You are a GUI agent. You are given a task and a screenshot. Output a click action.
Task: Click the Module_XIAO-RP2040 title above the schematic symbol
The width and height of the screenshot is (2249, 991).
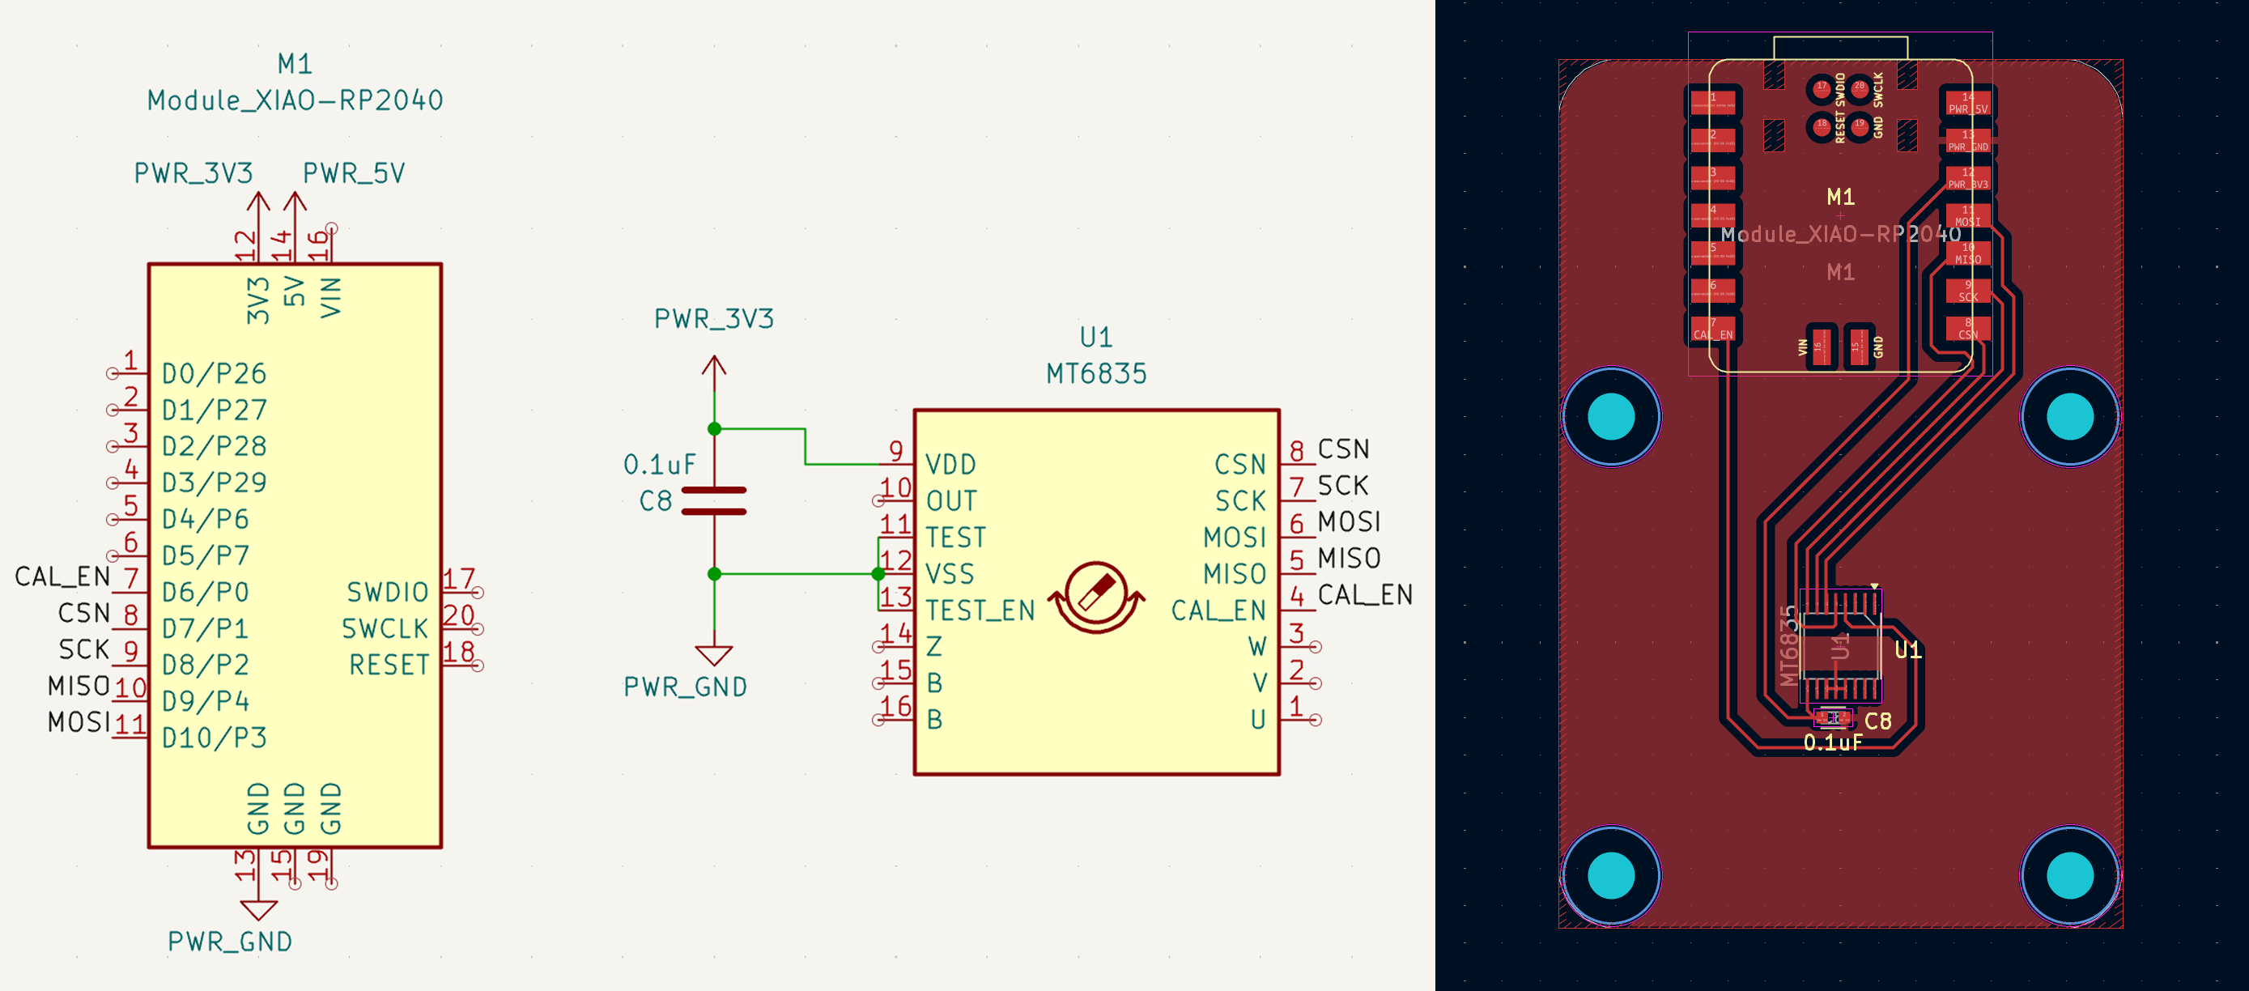click(x=295, y=100)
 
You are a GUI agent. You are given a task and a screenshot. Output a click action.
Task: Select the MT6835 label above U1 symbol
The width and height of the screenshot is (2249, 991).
click(x=1095, y=374)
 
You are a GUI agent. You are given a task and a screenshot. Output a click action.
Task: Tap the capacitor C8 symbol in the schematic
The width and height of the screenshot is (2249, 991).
click(x=713, y=501)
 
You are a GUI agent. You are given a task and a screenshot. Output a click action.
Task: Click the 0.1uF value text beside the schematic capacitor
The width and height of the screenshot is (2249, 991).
click(x=659, y=465)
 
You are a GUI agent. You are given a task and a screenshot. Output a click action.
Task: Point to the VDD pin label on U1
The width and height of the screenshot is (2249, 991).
click(x=950, y=465)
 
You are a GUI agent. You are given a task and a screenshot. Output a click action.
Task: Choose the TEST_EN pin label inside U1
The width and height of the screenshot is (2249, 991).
click(x=980, y=610)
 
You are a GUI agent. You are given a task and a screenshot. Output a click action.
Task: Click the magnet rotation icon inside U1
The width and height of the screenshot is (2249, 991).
click(x=1095, y=598)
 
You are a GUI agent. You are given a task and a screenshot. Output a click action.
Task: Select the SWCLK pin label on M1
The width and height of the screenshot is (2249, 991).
click(x=385, y=628)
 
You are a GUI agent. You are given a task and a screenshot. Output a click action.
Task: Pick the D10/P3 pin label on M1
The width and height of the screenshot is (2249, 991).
click(x=214, y=738)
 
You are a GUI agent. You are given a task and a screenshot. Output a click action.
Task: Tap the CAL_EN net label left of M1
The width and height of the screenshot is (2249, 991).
click(x=62, y=576)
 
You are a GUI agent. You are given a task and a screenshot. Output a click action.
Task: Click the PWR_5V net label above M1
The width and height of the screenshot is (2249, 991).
click(x=354, y=174)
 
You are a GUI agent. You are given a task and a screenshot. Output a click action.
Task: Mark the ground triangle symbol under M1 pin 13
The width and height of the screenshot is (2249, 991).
click(x=258, y=910)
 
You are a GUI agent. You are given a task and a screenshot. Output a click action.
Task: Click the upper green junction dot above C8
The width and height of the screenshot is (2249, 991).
click(x=714, y=429)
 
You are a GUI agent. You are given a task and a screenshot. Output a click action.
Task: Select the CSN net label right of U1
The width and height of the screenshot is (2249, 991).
click(x=1343, y=449)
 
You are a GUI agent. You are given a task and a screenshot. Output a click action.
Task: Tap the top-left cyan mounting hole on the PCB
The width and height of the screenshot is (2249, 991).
click(x=1611, y=415)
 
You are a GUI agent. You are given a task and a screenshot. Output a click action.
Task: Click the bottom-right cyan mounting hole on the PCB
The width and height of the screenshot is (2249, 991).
click(x=2069, y=875)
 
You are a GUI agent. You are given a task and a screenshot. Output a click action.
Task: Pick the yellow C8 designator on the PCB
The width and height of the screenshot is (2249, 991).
click(x=1878, y=721)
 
